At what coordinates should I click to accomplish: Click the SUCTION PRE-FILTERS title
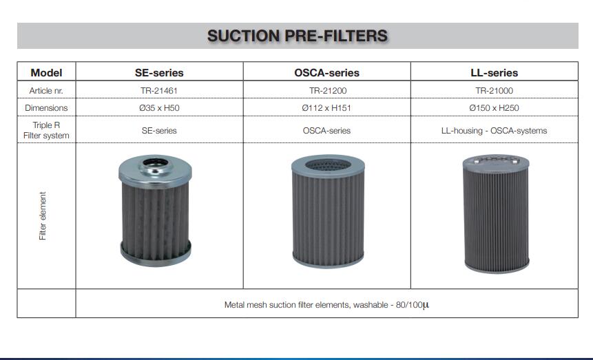point(298,36)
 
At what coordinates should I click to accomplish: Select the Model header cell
point(46,72)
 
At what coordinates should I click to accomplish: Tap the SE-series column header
point(159,72)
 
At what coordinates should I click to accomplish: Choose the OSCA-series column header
point(326,72)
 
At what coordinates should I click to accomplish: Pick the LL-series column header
point(495,72)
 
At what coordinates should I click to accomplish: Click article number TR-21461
point(159,91)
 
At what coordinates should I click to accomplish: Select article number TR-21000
point(495,91)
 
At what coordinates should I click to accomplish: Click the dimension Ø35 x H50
point(159,108)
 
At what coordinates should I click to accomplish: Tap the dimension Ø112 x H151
point(326,108)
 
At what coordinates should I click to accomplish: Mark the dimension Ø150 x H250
point(494,108)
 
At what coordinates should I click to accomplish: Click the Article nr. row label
point(46,91)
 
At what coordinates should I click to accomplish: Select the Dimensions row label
point(46,108)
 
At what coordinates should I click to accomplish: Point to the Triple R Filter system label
point(46,130)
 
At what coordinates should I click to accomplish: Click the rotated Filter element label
point(43,215)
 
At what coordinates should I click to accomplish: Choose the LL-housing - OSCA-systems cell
point(494,131)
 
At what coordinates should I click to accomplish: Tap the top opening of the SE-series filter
point(156,162)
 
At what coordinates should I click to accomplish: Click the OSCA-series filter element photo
point(328,211)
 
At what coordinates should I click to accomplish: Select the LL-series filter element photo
point(496,213)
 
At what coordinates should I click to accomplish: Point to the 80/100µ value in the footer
point(413,305)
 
